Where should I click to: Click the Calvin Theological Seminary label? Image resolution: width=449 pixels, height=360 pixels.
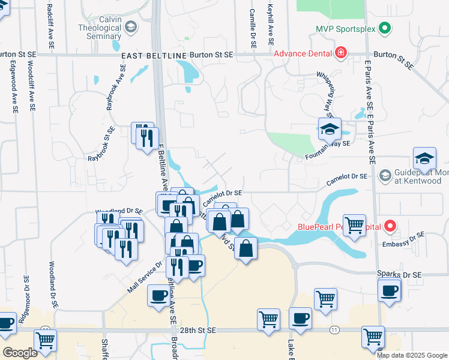[100, 27]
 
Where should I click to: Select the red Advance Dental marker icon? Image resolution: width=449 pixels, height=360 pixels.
[341, 53]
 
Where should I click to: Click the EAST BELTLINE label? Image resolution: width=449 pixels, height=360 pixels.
[154, 56]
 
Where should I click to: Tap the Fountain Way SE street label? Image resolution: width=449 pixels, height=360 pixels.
[327, 148]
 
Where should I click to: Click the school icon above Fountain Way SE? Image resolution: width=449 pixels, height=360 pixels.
[330, 128]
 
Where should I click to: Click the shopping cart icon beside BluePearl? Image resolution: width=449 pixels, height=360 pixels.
[354, 224]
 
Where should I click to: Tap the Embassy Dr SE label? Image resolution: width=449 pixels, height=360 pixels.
[403, 239]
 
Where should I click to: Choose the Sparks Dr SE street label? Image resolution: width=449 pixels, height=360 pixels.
[399, 274]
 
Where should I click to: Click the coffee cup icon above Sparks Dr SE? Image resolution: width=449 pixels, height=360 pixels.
[389, 291]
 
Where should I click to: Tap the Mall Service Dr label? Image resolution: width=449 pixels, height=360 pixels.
[145, 277]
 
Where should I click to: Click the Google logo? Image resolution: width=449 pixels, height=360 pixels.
[20, 353]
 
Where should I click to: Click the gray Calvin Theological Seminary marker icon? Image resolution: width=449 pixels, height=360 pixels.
[130, 27]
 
